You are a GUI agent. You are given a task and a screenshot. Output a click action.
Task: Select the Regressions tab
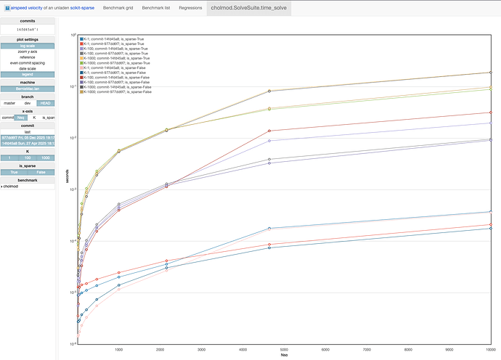pos(190,8)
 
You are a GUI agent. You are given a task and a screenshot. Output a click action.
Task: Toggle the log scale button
pos(28,46)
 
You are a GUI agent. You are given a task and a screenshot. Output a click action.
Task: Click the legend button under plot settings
pos(28,74)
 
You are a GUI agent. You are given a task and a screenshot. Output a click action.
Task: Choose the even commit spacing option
pos(28,63)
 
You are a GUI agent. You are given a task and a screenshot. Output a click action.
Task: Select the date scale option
pos(28,69)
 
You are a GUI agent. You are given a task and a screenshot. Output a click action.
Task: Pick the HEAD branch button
pos(45,102)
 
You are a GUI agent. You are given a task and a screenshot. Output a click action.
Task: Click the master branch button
pos(9,102)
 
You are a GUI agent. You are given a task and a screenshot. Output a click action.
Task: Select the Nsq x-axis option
pos(21,117)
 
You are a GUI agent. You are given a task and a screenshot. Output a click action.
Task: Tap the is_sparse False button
pos(41,171)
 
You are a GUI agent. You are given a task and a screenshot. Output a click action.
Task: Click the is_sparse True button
pos(14,171)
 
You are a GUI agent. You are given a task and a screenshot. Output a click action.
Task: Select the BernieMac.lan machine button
pos(28,89)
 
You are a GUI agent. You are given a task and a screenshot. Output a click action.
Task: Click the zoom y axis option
pos(28,52)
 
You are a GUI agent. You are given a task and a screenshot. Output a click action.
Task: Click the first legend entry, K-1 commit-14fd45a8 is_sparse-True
pos(116,38)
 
